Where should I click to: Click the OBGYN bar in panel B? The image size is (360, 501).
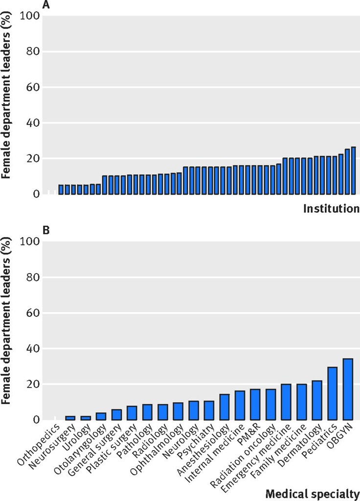pyautogui.click(x=348, y=389)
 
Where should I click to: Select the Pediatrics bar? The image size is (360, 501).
pyautogui.click(x=332, y=393)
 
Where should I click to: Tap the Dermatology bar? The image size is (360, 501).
pyautogui.click(x=317, y=400)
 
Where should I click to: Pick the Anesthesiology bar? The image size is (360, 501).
pyautogui.click(x=225, y=407)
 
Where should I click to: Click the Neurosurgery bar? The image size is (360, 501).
pyautogui.click(x=70, y=418)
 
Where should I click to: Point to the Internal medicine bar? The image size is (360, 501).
pyautogui.click(x=240, y=405)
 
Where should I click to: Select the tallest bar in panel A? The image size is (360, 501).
pyautogui.click(x=353, y=170)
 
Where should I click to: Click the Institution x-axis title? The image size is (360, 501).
pyautogui.click(x=331, y=208)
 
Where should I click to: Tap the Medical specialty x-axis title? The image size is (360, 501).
pyautogui.click(x=312, y=493)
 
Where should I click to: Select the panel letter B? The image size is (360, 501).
pyautogui.click(x=46, y=230)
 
